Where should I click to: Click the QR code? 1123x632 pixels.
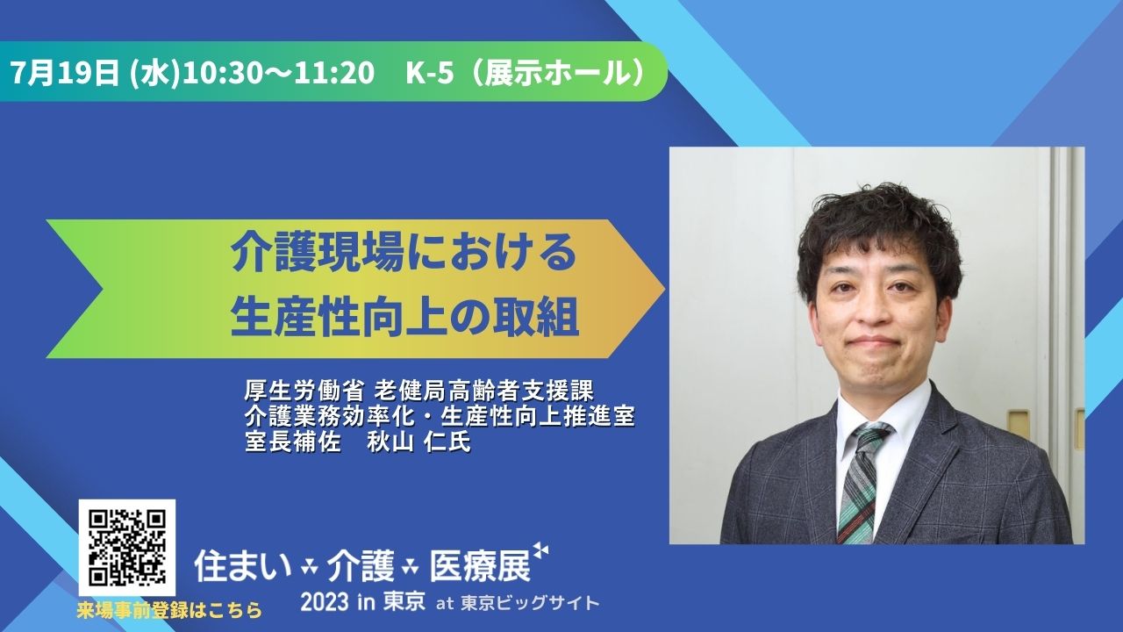pyautogui.click(x=127, y=548)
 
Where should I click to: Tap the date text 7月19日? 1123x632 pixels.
pyautogui.click(x=65, y=73)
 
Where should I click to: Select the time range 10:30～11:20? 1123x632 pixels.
pyautogui.click(x=278, y=73)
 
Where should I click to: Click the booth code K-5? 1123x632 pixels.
pyautogui.click(x=430, y=73)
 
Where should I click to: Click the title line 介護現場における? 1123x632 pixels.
pyautogui.click(x=404, y=254)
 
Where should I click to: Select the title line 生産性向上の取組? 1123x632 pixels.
pyautogui.click(x=404, y=318)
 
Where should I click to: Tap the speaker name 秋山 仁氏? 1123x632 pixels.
pyautogui.click(x=419, y=442)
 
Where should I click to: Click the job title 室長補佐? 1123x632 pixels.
pyautogui.click(x=293, y=442)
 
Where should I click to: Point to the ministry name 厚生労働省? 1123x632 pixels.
pyautogui.click(x=303, y=391)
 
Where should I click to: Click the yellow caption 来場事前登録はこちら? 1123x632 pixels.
pyautogui.click(x=170, y=610)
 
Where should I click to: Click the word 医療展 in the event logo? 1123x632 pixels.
pyautogui.click(x=480, y=567)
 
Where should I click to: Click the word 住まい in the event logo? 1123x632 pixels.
pyautogui.click(x=243, y=567)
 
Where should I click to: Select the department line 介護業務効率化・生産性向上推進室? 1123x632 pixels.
pyautogui.click(x=440, y=416)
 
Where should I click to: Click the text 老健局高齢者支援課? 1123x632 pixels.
pyautogui.click(x=484, y=391)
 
